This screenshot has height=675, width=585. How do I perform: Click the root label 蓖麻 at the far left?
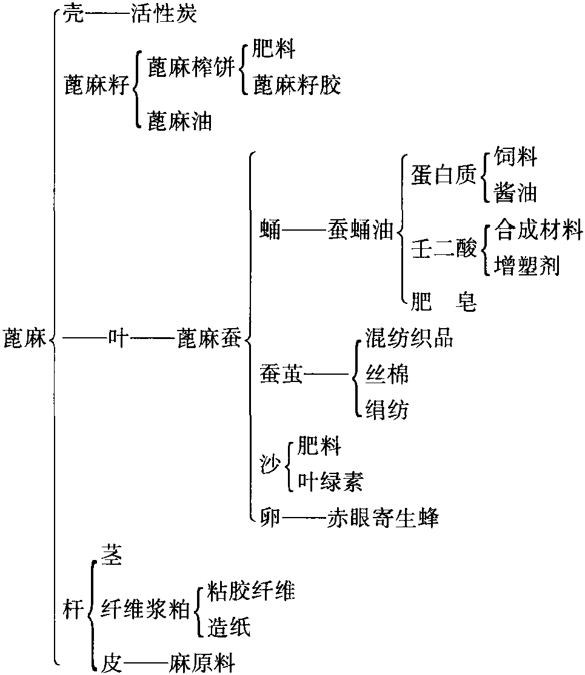tap(25, 338)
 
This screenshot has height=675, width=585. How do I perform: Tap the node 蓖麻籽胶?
tap(296, 84)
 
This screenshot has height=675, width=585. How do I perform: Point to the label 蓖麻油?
tap(180, 121)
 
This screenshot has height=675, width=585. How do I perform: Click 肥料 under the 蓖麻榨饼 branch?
tap(274, 48)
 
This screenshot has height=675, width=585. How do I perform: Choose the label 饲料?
tap(516, 156)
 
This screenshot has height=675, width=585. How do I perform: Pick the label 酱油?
tap(516, 192)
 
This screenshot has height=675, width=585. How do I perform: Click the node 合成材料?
tap(538, 229)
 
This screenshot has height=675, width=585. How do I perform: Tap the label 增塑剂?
tap(527, 265)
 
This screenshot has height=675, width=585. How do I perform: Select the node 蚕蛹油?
tap(361, 229)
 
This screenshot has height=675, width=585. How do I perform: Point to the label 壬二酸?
tap(444, 248)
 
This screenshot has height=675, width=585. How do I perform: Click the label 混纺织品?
tap(409, 338)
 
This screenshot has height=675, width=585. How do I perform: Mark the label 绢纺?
tap(387, 409)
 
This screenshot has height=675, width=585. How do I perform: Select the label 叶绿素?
tap(330, 481)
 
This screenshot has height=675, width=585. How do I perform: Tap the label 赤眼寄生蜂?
tap(383, 518)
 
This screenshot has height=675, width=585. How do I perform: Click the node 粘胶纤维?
tap(251, 591)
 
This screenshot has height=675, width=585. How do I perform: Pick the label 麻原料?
tap(202, 662)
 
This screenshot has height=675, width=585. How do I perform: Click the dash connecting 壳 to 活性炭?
tap(108, 15)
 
